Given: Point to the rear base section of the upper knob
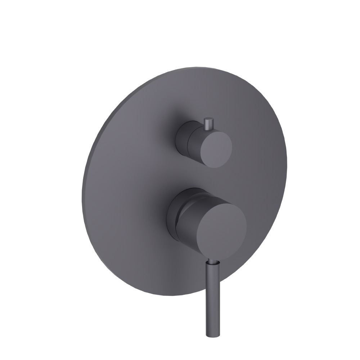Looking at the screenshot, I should [181, 139].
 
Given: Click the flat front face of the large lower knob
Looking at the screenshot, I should [221, 227].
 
